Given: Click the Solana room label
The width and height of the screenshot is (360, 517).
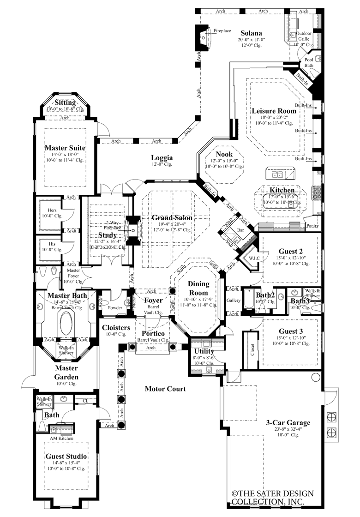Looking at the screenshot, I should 251,33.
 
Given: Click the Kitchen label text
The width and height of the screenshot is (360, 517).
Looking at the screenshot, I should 282,190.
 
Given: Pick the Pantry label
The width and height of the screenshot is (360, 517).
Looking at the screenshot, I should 312,225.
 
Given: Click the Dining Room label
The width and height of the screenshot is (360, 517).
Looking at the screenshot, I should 198,288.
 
